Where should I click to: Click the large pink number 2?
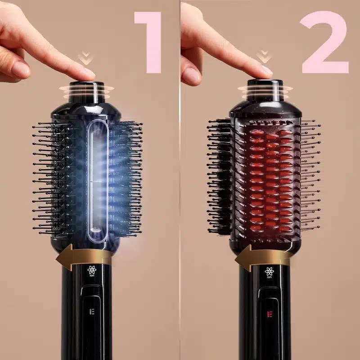pos(324,42)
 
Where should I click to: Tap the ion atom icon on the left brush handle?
pos(92,271)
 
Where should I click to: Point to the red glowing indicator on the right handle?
pos(270,314)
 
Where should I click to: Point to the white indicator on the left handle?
pos(92,311)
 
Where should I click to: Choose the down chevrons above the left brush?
pos(85,58)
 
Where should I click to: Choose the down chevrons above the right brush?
pos(264,57)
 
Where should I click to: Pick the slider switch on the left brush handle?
pos(91,306)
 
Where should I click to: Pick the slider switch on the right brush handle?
pos(269,308)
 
